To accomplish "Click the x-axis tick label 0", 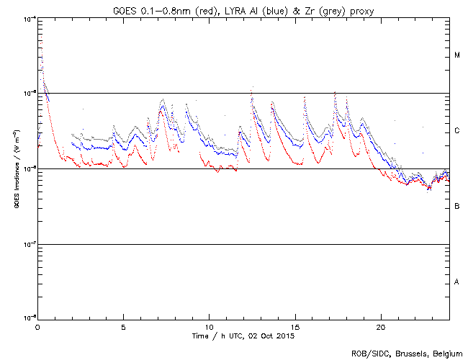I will pos(37,327).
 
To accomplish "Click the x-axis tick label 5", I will pos(123,327).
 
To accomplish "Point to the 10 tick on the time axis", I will pos(209,327).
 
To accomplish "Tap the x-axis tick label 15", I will pos(294,327).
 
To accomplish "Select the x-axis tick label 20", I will pos(380,327).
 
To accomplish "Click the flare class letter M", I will pos(457,55).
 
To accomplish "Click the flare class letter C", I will pos(457,131).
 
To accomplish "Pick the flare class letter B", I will pos(457,207).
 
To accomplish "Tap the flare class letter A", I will pos(457,282).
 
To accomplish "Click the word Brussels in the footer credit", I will pos(405,354).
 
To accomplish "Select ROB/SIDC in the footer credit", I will pos(368,354).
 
